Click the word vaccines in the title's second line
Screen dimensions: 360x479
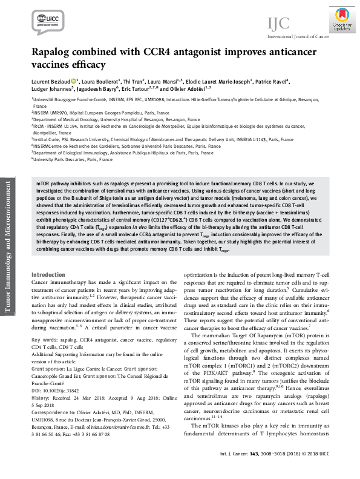pos(55,65)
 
